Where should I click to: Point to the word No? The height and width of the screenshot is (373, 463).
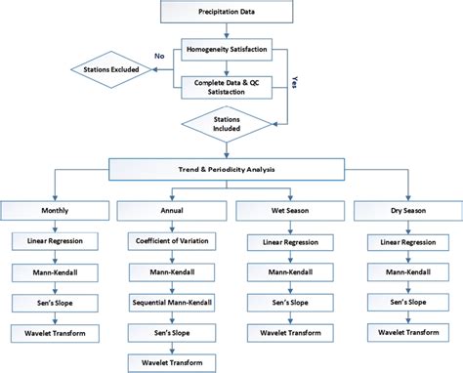pos(157,57)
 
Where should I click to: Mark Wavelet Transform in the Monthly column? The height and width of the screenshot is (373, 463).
pos(55,334)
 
